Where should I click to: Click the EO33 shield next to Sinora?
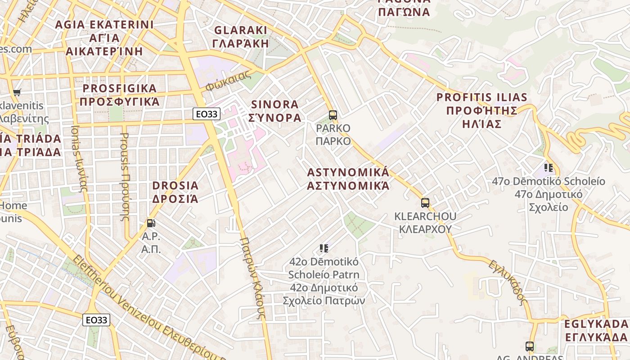point(207,114)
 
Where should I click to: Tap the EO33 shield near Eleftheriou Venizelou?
point(97,320)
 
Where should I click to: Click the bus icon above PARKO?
point(333,115)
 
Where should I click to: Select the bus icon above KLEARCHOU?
point(425,203)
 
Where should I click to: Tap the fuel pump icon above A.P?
point(151,223)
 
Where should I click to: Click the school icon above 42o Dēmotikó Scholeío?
point(324,248)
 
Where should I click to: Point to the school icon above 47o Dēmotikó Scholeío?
point(549,168)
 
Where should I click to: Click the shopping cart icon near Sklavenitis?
point(17,93)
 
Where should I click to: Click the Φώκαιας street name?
point(229,81)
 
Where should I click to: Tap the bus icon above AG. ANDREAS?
point(530,346)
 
